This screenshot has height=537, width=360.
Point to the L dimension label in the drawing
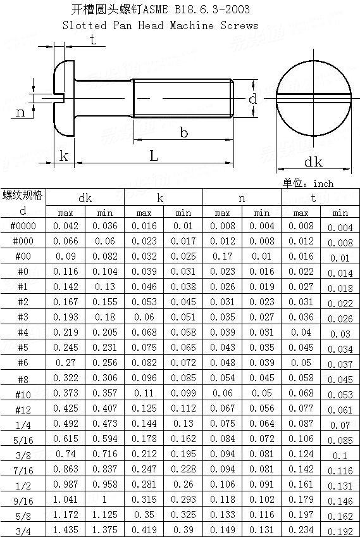coord(154,156)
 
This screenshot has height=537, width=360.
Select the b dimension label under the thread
coord(184,132)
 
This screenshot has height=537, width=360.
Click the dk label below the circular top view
coord(313,162)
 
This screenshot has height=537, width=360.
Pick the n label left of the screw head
coord(20,112)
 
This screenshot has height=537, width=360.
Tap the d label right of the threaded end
coord(252,99)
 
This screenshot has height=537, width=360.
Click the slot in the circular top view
coord(314,97)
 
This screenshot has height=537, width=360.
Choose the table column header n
coord(242,198)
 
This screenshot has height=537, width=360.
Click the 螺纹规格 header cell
coord(23,194)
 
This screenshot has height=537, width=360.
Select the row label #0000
coord(23,226)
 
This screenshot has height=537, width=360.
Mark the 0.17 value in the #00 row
coord(222,256)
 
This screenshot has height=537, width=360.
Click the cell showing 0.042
coord(66,226)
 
